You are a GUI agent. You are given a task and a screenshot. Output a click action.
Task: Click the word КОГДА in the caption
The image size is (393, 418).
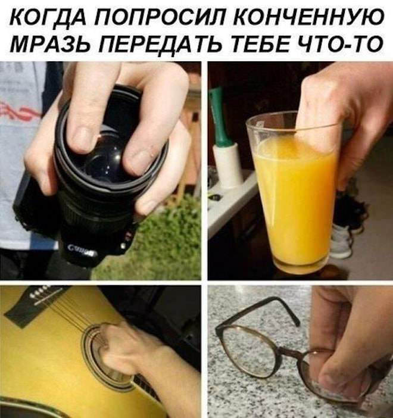tap(48, 18)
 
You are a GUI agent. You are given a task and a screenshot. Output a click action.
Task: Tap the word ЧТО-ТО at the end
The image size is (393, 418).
tap(342, 43)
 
